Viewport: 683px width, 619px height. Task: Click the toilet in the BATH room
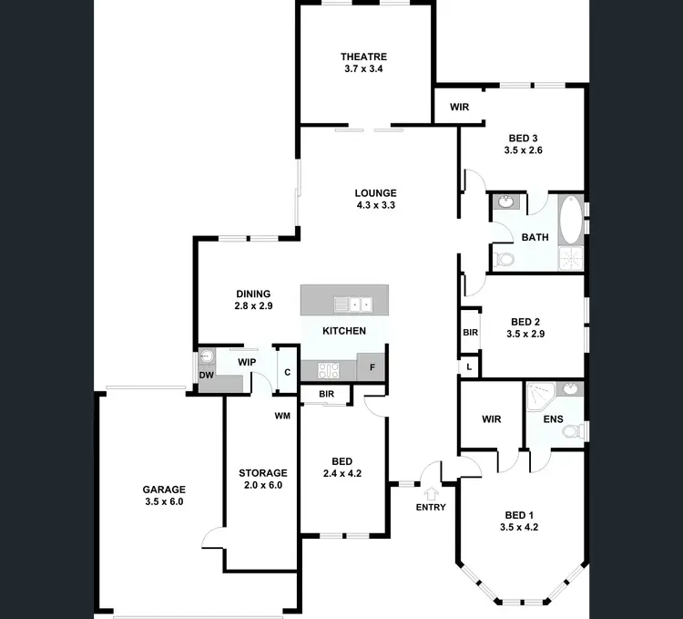click(504, 260)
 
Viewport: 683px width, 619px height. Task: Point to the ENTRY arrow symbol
click(430, 493)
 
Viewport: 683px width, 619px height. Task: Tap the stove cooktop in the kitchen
click(328, 370)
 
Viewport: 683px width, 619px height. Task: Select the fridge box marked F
click(372, 368)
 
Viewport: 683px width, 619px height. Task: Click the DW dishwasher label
click(206, 375)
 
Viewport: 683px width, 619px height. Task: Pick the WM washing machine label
click(282, 416)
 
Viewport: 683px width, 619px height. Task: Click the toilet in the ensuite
click(575, 431)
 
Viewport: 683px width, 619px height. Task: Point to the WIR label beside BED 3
click(459, 107)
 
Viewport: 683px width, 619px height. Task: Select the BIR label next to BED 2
click(470, 333)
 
